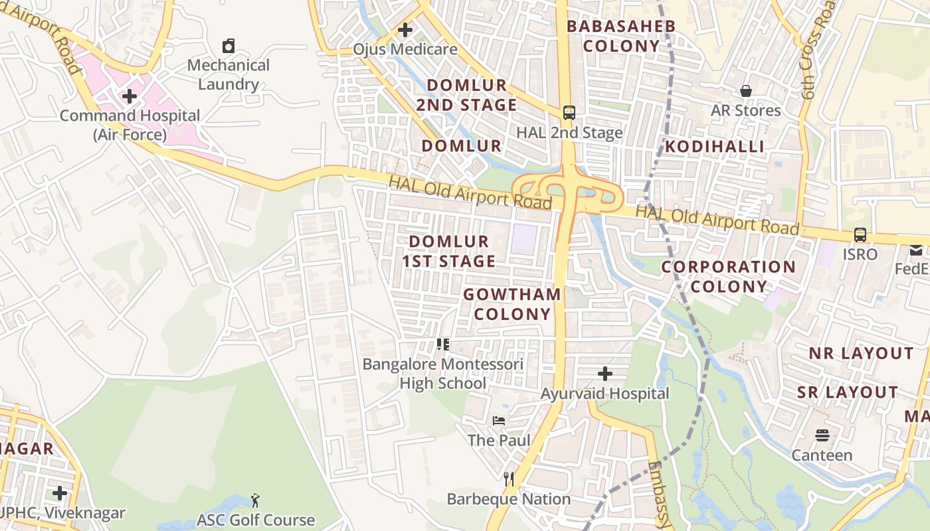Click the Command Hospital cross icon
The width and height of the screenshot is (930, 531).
tap(130, 97)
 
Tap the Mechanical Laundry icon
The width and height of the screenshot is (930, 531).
tap(229, 46)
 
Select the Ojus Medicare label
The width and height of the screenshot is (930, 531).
tap(405, 49)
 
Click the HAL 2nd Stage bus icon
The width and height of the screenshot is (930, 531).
tap(569, 113)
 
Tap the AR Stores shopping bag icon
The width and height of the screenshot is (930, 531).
tap(746, 91)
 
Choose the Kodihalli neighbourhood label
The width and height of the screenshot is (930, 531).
tap(715, 147)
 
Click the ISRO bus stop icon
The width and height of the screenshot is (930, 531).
tap(860, 235)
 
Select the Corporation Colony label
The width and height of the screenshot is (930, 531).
tap(728, 277)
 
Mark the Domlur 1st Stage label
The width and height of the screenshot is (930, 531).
tap(449, 252)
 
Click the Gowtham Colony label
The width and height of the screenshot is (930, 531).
tap(512, 304)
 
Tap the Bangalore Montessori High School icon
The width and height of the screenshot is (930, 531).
tap(443, 344)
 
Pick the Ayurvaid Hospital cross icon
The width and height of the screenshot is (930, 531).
tap(604, 374)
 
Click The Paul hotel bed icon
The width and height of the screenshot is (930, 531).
tap(499, 421)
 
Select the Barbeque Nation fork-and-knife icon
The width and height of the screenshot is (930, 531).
tap(509, 479)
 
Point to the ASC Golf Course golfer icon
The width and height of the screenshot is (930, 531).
tap(256, 500)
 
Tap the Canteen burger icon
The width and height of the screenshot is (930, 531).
tap(822, 436)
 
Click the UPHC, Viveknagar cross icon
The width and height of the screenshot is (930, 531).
tap(60, 493)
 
